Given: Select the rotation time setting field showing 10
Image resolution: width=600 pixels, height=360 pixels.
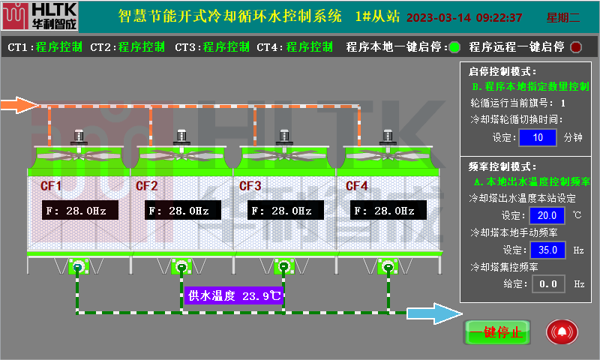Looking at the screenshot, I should click(537, 138).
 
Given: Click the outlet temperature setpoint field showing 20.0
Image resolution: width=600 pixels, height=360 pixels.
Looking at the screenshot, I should click(547, 216).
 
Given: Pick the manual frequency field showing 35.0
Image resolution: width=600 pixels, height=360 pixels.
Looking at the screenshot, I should click(547, 250).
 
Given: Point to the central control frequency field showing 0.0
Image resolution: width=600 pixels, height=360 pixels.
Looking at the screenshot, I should click(547, 283).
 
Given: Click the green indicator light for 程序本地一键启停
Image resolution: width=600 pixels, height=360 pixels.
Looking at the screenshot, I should click(454, 47).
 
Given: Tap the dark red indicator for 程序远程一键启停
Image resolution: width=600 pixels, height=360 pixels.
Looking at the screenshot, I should click(576, 47).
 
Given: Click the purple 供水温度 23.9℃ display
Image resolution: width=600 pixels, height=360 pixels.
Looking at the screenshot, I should click(235, 295).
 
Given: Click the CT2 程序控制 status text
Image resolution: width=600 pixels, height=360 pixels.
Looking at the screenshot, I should click(142, 47).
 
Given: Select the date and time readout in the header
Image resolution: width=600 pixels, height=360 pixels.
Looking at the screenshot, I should click(464, 17).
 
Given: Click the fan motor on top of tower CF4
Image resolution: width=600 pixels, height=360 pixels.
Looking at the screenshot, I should click(387, 137).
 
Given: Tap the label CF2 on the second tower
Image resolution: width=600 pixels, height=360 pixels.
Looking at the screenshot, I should click(146, 186).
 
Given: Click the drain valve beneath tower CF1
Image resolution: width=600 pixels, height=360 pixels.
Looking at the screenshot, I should click(78, 267).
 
